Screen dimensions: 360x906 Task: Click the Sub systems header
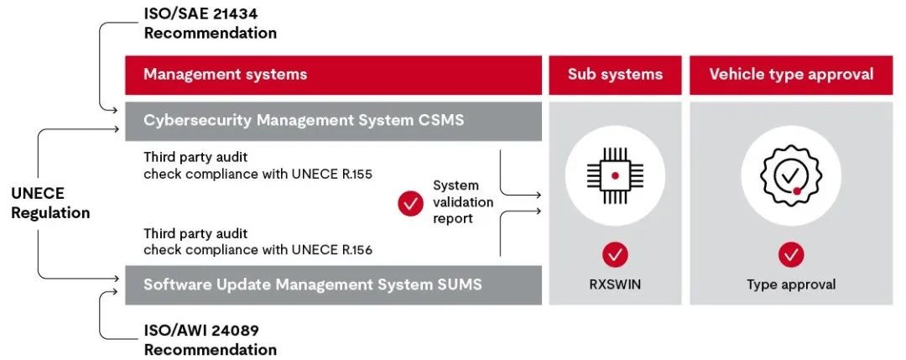[x=615, y=74]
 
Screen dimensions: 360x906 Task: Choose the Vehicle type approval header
[x=790, y=74]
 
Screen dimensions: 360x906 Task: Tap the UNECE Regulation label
[x=50, y=202]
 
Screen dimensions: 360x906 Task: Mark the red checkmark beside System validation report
[x=410, y=202]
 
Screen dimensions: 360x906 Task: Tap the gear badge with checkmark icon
[x=790, y=175]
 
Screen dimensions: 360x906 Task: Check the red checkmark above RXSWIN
[x=615, y=254]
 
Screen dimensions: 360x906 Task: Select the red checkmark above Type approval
[x=790, y=254]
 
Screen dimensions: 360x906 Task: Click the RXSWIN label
[x=615, y=284]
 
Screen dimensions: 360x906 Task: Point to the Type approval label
[x=790, y=284]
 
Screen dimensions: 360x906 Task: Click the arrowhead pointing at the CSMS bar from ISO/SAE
[x=119, y=109]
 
